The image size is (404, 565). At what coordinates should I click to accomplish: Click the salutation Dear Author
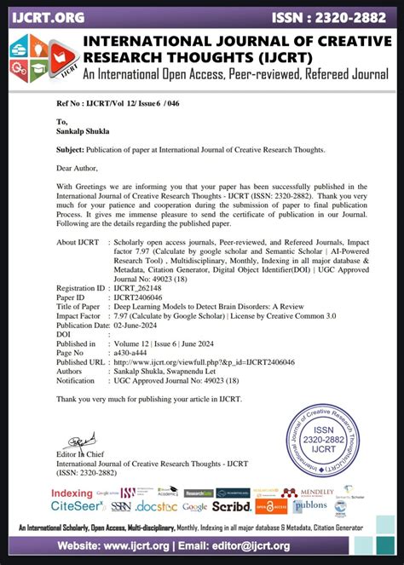(79, 167)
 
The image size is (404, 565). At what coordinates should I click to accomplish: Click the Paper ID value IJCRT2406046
(140, 298)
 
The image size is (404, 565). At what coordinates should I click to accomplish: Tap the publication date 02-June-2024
(139, 325)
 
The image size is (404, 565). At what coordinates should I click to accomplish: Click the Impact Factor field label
(79, 316)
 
